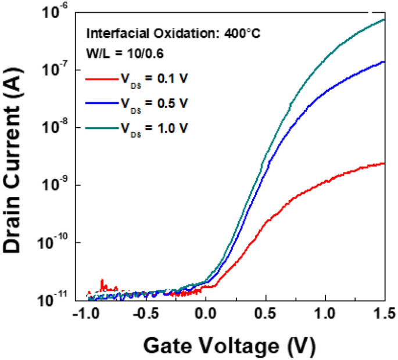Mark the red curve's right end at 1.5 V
384,164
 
